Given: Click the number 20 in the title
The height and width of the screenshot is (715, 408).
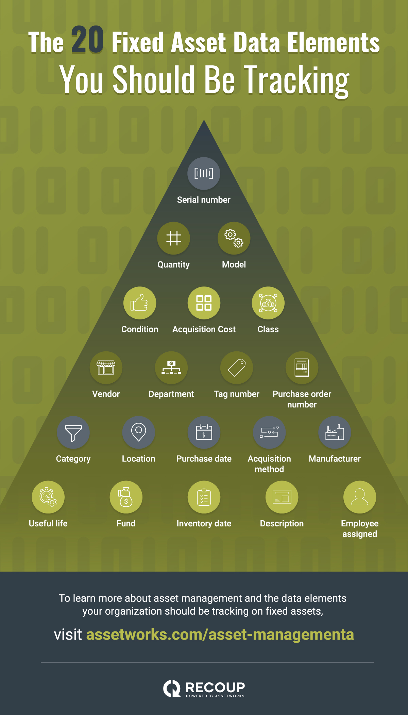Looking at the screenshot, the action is point(87,40).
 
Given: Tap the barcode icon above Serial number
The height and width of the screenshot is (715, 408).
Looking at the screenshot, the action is point(204,173).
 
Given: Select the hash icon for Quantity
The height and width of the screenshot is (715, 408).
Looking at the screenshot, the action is point(173,238).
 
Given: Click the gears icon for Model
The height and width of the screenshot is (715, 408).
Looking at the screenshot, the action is point(234,238).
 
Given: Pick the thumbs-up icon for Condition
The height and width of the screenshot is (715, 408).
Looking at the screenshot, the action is point(139,303).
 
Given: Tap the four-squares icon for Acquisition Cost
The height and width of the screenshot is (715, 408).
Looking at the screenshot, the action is point(204,303).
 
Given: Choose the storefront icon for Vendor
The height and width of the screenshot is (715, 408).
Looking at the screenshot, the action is point(106,368).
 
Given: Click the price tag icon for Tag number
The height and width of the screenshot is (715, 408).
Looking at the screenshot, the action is point(237,368).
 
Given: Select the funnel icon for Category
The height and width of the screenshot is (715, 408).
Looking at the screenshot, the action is point(73,433).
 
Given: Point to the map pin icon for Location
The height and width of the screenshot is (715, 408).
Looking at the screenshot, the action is point(139,432).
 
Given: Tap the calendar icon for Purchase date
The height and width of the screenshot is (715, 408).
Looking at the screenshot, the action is point(204,432).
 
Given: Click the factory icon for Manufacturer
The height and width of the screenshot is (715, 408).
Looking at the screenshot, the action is point(335,432).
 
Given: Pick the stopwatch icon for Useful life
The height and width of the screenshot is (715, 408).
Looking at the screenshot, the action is point(48,497).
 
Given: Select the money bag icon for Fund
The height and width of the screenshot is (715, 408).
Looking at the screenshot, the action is point(125,497).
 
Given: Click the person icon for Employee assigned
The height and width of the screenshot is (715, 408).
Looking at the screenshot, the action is point(360,496).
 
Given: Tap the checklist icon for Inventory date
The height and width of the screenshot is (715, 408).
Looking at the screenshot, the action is point(204,497).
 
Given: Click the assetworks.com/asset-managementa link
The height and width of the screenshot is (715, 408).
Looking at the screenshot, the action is point(220,634).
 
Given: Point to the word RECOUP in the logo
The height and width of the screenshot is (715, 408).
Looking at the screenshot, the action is point(215,687).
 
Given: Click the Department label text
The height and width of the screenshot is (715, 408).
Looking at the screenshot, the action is point(171,394).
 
